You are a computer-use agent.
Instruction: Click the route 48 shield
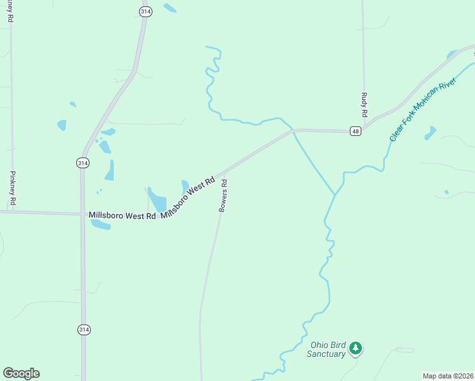point(355,131)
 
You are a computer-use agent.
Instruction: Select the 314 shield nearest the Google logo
point(84,330)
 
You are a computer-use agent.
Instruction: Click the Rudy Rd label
point(365,105)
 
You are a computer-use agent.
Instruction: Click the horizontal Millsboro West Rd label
point(122,216)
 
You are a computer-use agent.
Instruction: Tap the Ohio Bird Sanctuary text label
point(327,349)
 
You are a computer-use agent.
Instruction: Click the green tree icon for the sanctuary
point(356,348)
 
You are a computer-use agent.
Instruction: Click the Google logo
point(21,373)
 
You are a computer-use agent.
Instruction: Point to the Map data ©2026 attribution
point(448,376)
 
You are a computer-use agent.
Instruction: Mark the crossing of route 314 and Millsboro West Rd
point(83,214)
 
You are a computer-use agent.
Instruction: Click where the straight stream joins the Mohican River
point(335,194)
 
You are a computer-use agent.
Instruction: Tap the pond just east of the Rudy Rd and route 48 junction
point(431,133)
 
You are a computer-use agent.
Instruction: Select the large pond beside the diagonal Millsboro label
point(156,199)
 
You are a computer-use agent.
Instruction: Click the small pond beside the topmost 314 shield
point(170,8)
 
